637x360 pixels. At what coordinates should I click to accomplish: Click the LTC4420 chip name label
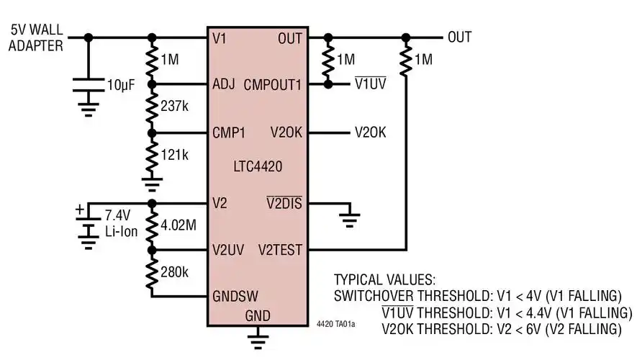click(x=257, y=167)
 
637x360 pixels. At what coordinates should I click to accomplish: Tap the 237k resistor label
click(x=176, y=107)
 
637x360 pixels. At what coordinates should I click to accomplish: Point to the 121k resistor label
click(x=175, y=154)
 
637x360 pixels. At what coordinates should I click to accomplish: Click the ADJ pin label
click(x=224, y=85)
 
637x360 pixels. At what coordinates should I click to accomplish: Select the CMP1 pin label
click(x=229, y=132)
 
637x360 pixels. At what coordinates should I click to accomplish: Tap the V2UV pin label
click(x=230, y=251)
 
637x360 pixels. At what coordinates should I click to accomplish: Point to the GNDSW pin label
click(x=235, y=297)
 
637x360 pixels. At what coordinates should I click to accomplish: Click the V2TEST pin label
click(x=281, y=251)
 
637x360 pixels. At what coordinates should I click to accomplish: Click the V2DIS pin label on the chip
click(x=284, y=204)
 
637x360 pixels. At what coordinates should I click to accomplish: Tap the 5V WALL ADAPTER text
click(x=36, y=37)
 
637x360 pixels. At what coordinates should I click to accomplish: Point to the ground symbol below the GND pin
click(x=258, y=338)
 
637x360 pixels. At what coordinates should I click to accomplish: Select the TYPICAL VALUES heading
click(x=384, y=279)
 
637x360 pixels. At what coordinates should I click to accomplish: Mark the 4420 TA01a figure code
click(x=335, y=325)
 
